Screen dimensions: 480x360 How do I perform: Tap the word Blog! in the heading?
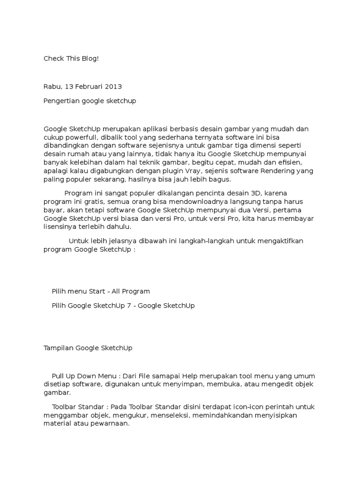click(x=90, y=59)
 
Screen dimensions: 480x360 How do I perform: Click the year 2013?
click(x=113, y=87)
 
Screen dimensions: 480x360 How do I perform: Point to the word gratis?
click(x=93, y=202)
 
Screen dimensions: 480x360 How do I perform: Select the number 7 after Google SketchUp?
click(x=129, y=306)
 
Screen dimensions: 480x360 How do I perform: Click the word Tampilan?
click(x=59, y=348)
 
